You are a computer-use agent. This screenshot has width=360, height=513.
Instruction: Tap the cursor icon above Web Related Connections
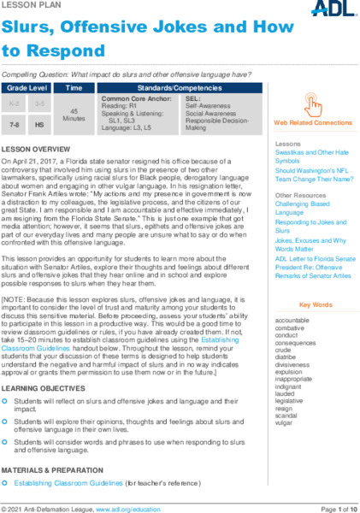tap(314, 105)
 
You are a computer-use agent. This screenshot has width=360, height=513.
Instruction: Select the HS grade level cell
tap(39, 124)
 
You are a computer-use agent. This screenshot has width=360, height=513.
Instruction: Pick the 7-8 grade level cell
tap(14, 124)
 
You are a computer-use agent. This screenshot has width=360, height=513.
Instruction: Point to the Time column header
tap(74, 88)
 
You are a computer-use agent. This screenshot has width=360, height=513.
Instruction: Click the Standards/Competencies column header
tap(178, 88)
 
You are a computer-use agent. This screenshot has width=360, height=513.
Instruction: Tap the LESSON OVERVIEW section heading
tap(36, 149)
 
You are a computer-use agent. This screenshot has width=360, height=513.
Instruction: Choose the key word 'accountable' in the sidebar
tap(293, 319)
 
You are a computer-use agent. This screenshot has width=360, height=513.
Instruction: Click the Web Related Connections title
tap(314, 123)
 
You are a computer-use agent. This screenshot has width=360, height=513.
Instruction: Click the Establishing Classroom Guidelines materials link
tap(68, 483)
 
